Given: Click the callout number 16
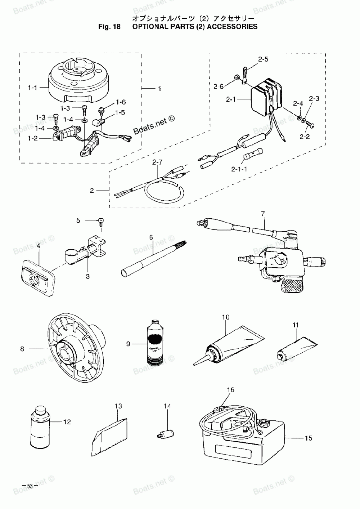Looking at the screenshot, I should [230, 390].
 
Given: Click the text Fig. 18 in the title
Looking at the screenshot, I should [109, 26].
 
